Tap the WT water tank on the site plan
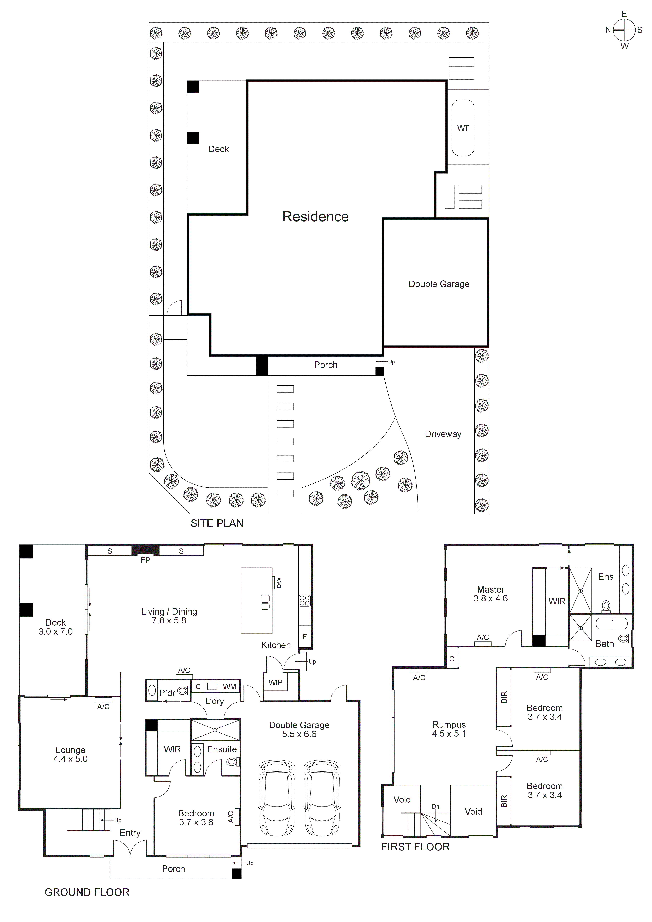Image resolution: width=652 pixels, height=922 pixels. [x=463, y=128]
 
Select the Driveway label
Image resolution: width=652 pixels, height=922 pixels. [x=443, y=434]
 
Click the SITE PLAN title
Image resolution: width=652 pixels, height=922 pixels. [x=217, y=523]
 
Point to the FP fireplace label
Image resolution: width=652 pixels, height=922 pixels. [x=145, y=560]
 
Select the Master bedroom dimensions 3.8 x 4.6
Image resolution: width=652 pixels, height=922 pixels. [x=491, y=598]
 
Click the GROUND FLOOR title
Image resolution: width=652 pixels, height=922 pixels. [x=87, y=892]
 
